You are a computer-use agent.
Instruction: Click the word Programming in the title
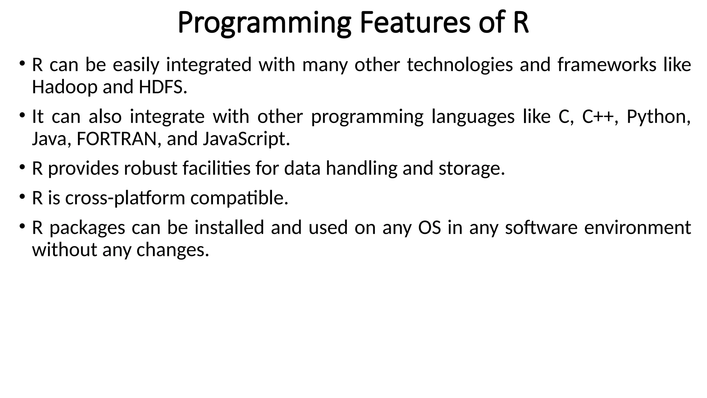click(x=264, y=23)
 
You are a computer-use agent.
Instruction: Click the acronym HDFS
click(x=162, y=87)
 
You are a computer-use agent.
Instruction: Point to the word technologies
click(x=459, y=65)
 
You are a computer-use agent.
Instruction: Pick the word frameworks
click(x=607, y=65)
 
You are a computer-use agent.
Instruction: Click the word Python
click(x=658, y=117)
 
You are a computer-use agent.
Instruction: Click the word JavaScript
click(x=246, y=139)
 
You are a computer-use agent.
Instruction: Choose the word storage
click(x=471, y=169)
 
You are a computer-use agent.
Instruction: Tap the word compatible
click(x=239, y=198)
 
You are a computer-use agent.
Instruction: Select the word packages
click(x=87, y=228)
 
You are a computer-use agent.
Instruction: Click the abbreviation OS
click(x=429, y=228)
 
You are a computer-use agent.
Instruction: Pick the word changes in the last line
click(x=173, y=250)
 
